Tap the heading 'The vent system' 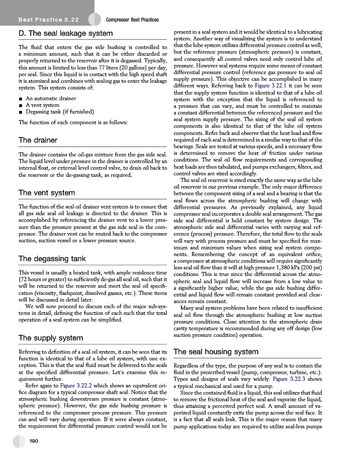(x=47, y=193)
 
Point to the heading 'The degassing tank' (x=52, y=259)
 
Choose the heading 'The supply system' (x=50, y=338)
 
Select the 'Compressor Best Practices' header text (x=132, y=20)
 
